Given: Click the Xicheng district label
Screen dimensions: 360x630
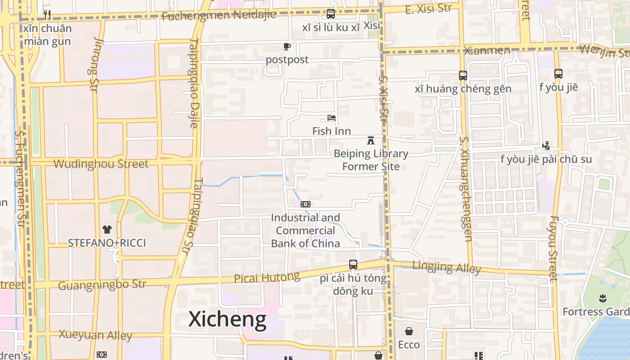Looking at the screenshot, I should pyautogui.click(x=227, y=319).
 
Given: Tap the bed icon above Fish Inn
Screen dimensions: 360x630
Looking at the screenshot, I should pyautogui.click(x=332, y=118).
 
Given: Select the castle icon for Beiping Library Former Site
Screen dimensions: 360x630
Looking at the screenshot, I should pyautogui.click(x=371, y=140).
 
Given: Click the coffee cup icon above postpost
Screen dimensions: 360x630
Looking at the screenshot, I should pyautogui.click(x=287, y=46).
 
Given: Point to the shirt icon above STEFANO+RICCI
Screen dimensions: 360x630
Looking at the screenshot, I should pyautogui.click(x=107, y=229).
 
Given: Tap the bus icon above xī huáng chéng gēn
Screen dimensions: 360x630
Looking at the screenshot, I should pyautogui.click(x=463, y=75).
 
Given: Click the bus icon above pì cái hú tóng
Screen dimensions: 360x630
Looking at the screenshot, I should pyautogui.click(x=353, y=265).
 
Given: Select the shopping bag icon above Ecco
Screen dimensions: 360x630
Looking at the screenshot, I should pyautogui.click(x=409, y=332).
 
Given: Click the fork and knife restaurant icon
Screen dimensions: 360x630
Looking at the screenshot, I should pyautogui.click(x=47, y=15).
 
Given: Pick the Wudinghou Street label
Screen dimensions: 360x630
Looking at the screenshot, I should pyautogui.click(x=101, y=164).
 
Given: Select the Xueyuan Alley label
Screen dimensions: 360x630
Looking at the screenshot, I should pyautogui.click(x=95, y=335).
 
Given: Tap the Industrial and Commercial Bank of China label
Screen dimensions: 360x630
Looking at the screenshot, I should pyautogui.click(x=306, y=231).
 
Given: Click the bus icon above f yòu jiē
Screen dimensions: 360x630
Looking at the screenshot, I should pyautogui.click(x=558, y=73).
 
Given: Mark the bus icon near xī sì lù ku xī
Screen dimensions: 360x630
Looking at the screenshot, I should pyautogui.click(x=331, y=14).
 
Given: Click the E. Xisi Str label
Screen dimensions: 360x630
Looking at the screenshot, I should pyautogui.click(x=428, y=9).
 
